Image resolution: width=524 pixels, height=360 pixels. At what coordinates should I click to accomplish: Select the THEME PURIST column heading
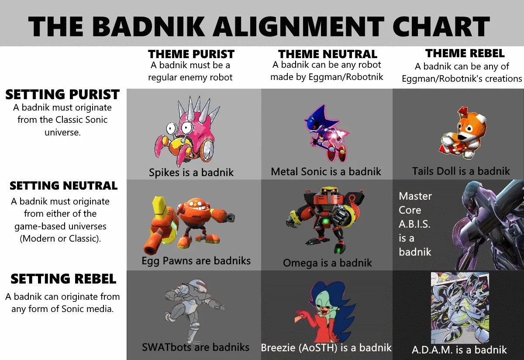tap(191, 54)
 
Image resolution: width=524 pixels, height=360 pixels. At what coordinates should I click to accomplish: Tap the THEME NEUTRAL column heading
tap(327, 54)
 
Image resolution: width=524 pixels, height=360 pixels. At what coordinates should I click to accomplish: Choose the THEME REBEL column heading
tap(465, 53)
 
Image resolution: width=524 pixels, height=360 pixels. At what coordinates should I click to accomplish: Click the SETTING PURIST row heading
tap(62, 94)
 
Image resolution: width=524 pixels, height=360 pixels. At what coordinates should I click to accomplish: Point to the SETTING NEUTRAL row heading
tap(63, 185)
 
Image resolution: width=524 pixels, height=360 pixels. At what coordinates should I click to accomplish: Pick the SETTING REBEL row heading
tap(63, 279)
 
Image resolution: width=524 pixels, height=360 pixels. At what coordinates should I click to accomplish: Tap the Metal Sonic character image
tap(327, 133)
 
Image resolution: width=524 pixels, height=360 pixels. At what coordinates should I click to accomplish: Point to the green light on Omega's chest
tap(325, 221)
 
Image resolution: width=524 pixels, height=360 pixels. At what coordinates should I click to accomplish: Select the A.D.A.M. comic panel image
tap(460, 308)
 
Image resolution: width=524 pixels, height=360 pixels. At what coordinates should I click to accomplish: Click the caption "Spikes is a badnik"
tap(191, 172)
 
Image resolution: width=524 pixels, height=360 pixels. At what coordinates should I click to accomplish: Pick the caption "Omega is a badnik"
tap(327, 263)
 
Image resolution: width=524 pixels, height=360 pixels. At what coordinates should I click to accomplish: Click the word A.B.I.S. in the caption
tap(414, 224)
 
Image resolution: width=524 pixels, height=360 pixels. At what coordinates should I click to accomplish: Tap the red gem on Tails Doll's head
tap(463, 111)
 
